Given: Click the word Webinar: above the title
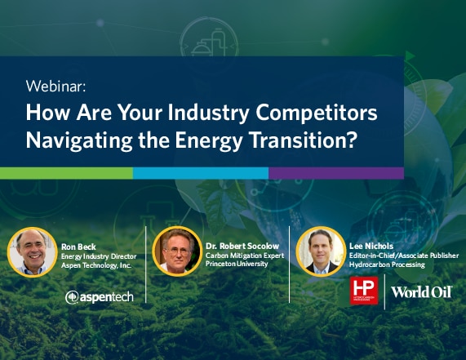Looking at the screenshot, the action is click(x=55, y=87).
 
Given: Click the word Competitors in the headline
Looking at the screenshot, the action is click(x=317, y=113).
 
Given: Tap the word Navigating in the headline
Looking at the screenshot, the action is click(x=79, y=141).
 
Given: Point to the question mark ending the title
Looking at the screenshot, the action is click(x=351, y=140).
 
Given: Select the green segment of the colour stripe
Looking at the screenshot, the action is click(x=66, y=173).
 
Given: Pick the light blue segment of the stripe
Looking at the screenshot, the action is click(x=201, y=173).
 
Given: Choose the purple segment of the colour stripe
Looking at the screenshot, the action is click(x=336, y=173).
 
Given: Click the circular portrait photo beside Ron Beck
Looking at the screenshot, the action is click(x=32, y=252).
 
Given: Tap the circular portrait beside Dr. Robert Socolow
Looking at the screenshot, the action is click(x=177, y=251).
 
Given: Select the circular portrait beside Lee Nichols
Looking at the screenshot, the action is click(x=321, y=251).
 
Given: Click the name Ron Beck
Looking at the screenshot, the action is click(x=78, y=247).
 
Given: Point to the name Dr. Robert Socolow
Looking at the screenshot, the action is click(x=242, y=247).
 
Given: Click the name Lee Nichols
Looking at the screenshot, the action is click(x=371, y=247).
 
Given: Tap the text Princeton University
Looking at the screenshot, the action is click(x=237, y=264).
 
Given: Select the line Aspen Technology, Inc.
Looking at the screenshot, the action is click(x=96, y=265).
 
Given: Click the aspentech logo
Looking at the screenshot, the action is click(x=100, y=297).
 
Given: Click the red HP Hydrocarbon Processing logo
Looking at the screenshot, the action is click(x=364, y=291).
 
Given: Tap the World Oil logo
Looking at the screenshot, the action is click(x=421, y=292).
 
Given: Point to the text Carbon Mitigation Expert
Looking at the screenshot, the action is click(x=245, y=256).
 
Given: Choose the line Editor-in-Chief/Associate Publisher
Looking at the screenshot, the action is click(x=404, y=256).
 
